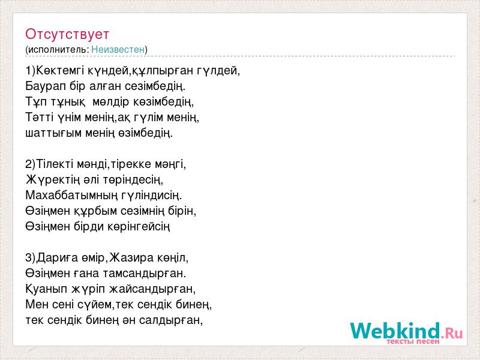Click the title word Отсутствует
[x=67, y=34]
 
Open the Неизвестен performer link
[x=118, y=49]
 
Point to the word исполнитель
[x=58, y=50]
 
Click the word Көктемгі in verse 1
[x=61, y=71]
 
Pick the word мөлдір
[x=110, y=102]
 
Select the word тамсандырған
[x=145, y=274]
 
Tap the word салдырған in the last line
[x=171, y=320]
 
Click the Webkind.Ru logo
[x=406, y=332]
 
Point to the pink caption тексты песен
[x=413, y=341]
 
